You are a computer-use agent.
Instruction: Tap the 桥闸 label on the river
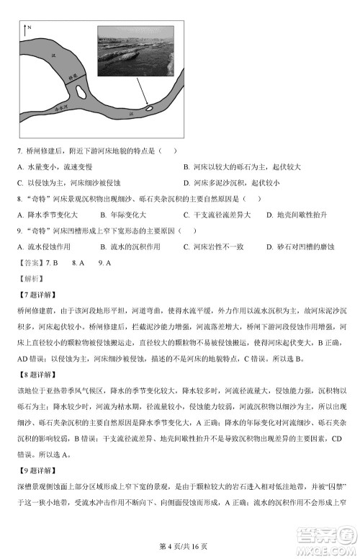coord(72,77)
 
